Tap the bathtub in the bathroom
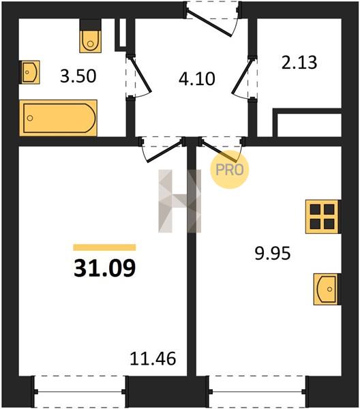click(x=59, y=118)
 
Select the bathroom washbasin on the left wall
click(x=30, y=72)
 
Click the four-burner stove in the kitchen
click(x=322, y=217)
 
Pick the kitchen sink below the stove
click(x=326, y=289)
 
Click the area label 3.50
click(x=78, y=76)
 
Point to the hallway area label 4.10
click(x=197, y=79)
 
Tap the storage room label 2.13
click(x=299, y=63)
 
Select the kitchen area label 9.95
click(x=272, y=254)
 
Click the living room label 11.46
click(x=153, y=359)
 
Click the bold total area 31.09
click(x=104, y=268)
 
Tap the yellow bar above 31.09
click(x=104, y=247)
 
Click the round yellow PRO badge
click(x=230, y=170)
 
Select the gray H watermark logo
click(x=180, y=201)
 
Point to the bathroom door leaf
click(x=140, y=75)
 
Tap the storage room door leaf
click(x=242, y=76)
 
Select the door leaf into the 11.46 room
click(x=164, y=151)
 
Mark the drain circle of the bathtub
click(x=30, y=118)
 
